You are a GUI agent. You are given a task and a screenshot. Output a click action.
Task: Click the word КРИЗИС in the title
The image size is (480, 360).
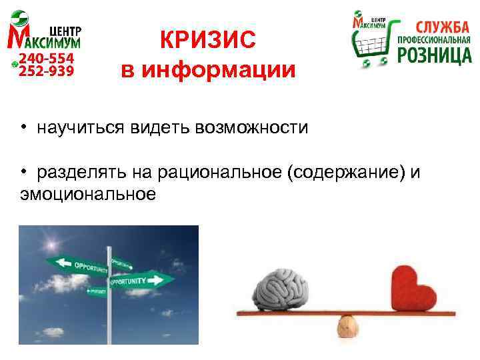tap(207, 41)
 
